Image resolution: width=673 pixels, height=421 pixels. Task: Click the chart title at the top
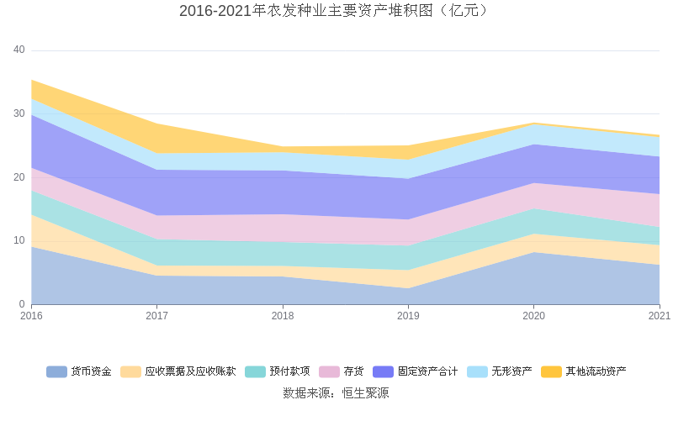point(336,11)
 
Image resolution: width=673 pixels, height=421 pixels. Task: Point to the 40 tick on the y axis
point(19,50)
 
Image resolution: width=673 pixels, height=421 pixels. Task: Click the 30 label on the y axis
point(19,113)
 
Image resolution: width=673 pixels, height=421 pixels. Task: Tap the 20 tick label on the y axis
point(19,177)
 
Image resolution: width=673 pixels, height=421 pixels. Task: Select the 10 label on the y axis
point(19,240)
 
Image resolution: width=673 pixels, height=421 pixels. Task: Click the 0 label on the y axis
point(23,304)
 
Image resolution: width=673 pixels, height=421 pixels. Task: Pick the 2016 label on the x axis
point(31,316)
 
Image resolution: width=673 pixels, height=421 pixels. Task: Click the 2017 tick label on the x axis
point(156,316)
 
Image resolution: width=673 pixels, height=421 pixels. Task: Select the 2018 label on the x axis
point(283,316)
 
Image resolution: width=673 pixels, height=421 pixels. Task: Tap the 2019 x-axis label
point(408,316)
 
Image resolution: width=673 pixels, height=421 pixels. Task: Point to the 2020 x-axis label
point(533,316)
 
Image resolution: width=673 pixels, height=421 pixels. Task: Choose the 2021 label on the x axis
point(660,316)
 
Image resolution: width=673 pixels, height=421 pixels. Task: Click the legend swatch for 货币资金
point(56,371)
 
